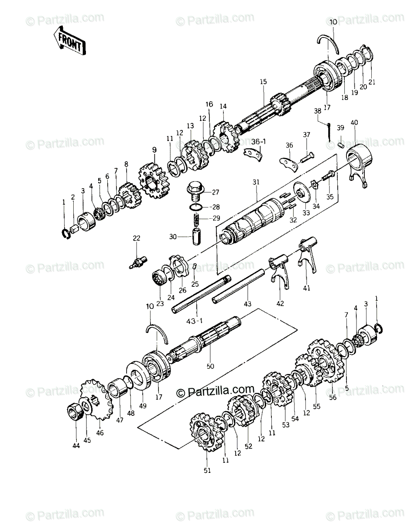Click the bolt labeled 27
(195, 191)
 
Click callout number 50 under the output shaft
(211, 367)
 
